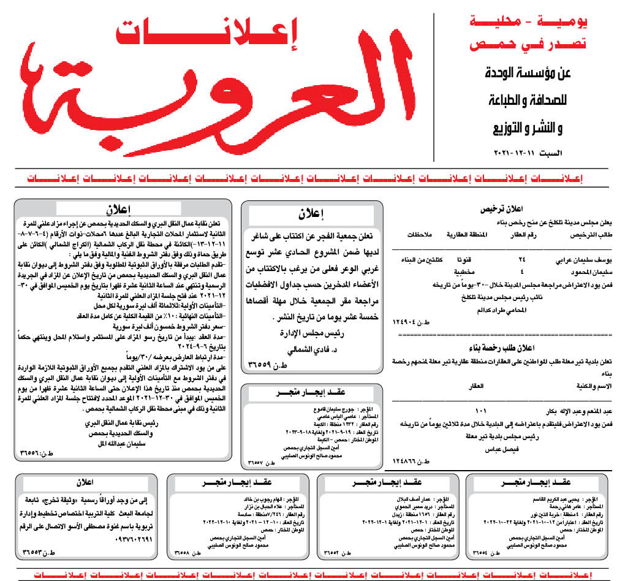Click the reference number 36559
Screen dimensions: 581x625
267,368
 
